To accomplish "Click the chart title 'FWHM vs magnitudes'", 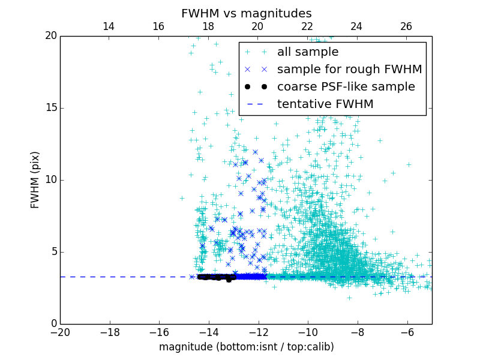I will click(246, 13).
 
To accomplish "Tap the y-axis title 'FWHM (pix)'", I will click(35, 180).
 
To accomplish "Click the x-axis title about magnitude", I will click(246, 347).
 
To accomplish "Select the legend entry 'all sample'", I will click(308, 52).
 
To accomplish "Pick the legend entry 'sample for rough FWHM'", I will click(349, 70).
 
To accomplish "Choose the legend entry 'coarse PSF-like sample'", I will click(346, 87).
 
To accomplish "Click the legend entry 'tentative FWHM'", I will click(325, 104).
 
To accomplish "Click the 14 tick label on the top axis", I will click(109, 26).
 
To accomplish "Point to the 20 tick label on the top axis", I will click(257, 26).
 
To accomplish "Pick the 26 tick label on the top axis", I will click(406, 26).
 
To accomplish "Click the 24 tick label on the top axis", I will click(356, 26).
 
